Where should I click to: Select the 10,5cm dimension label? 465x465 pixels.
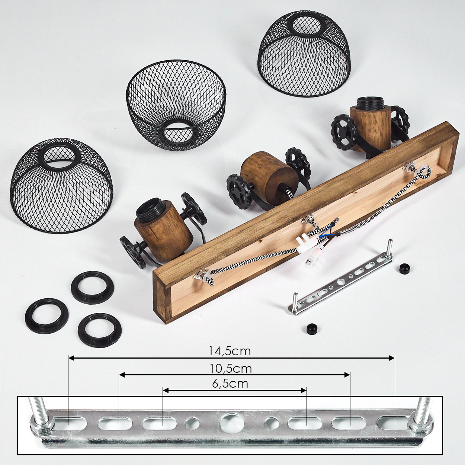[230, 369]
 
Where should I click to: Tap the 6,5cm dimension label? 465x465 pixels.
[230, 384]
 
